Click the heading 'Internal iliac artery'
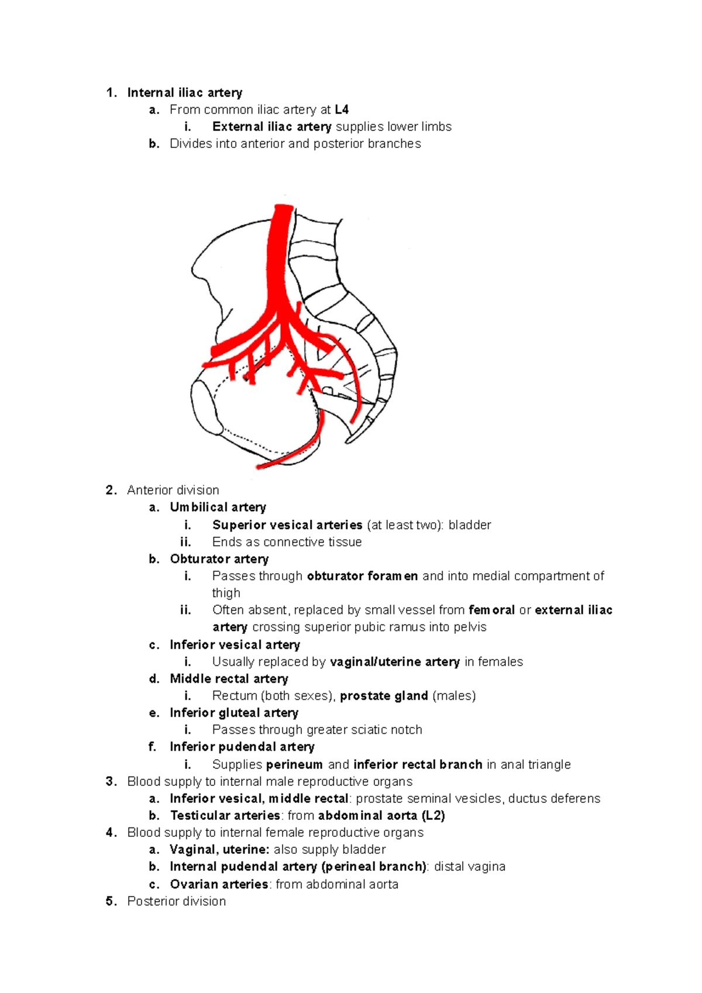(x=184, y=92)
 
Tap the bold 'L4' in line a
(x=342, y=109)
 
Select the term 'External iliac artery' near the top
(x=272, y=126)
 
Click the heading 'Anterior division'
(x=173, y=490)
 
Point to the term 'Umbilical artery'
(x=218, y=507)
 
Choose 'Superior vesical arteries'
(x=287, y=525)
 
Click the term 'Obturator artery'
(x=219, y=558)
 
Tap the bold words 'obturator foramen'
(x=362, y=576)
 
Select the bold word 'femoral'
(x=491, y=610)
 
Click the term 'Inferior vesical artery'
(x=235, y=644)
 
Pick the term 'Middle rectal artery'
(x=229, y=678)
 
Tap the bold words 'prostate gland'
(x=384, y=695)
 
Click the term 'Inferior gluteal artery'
(x=234, y=712)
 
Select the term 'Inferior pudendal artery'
(x=242, y=747)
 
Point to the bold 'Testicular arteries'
(x=225, y=815)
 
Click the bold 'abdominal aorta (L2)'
(x=381, y=815)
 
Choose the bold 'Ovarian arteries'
(x=219, y=884)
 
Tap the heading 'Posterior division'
(x=176, y=901)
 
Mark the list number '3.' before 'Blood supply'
(x=111, y=781)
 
